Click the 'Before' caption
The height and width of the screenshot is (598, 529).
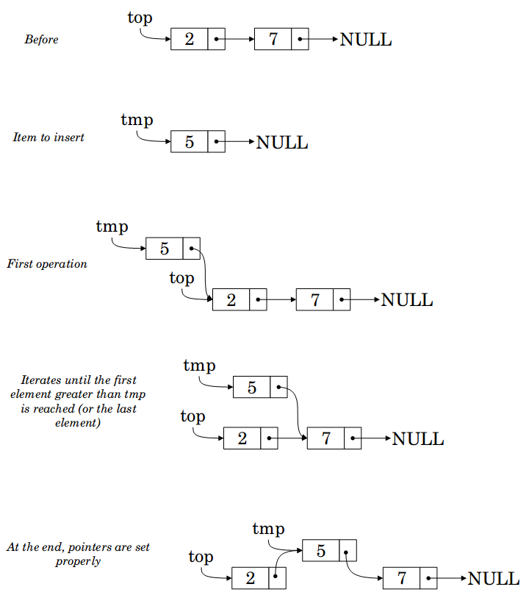tap(42, 39)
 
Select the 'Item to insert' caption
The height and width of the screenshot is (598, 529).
tap(48, 138)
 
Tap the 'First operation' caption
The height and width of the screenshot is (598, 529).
tap(47, 264)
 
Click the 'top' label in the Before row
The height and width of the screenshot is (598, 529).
tap(140, 18)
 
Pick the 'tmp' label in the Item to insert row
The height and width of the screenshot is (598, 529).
tap(137, 120)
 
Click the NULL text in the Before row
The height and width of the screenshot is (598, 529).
tap(366, 40)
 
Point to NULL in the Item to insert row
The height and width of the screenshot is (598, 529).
tap(282, 143)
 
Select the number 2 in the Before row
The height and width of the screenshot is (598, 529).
tap(190, 39)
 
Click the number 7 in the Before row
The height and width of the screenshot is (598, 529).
tap(273, 39)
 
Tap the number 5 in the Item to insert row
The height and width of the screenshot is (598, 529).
tap(190, 142)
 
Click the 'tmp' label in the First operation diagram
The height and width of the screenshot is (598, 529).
tap(112, 227)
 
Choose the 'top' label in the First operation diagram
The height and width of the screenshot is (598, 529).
tap(181, 279)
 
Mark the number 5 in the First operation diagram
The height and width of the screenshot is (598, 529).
tap(164, 249)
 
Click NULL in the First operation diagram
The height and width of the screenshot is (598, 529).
tap(407, 300)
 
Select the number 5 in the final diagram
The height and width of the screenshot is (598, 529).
tap(320, 551)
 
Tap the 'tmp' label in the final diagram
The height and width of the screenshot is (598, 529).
tap(268, 530)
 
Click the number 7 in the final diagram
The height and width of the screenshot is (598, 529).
tap(401, 579)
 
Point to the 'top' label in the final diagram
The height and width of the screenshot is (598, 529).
tap(201, 558)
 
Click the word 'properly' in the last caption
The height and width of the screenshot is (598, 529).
tap(78, 562)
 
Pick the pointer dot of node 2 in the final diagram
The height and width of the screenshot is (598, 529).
tap(275, 576)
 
